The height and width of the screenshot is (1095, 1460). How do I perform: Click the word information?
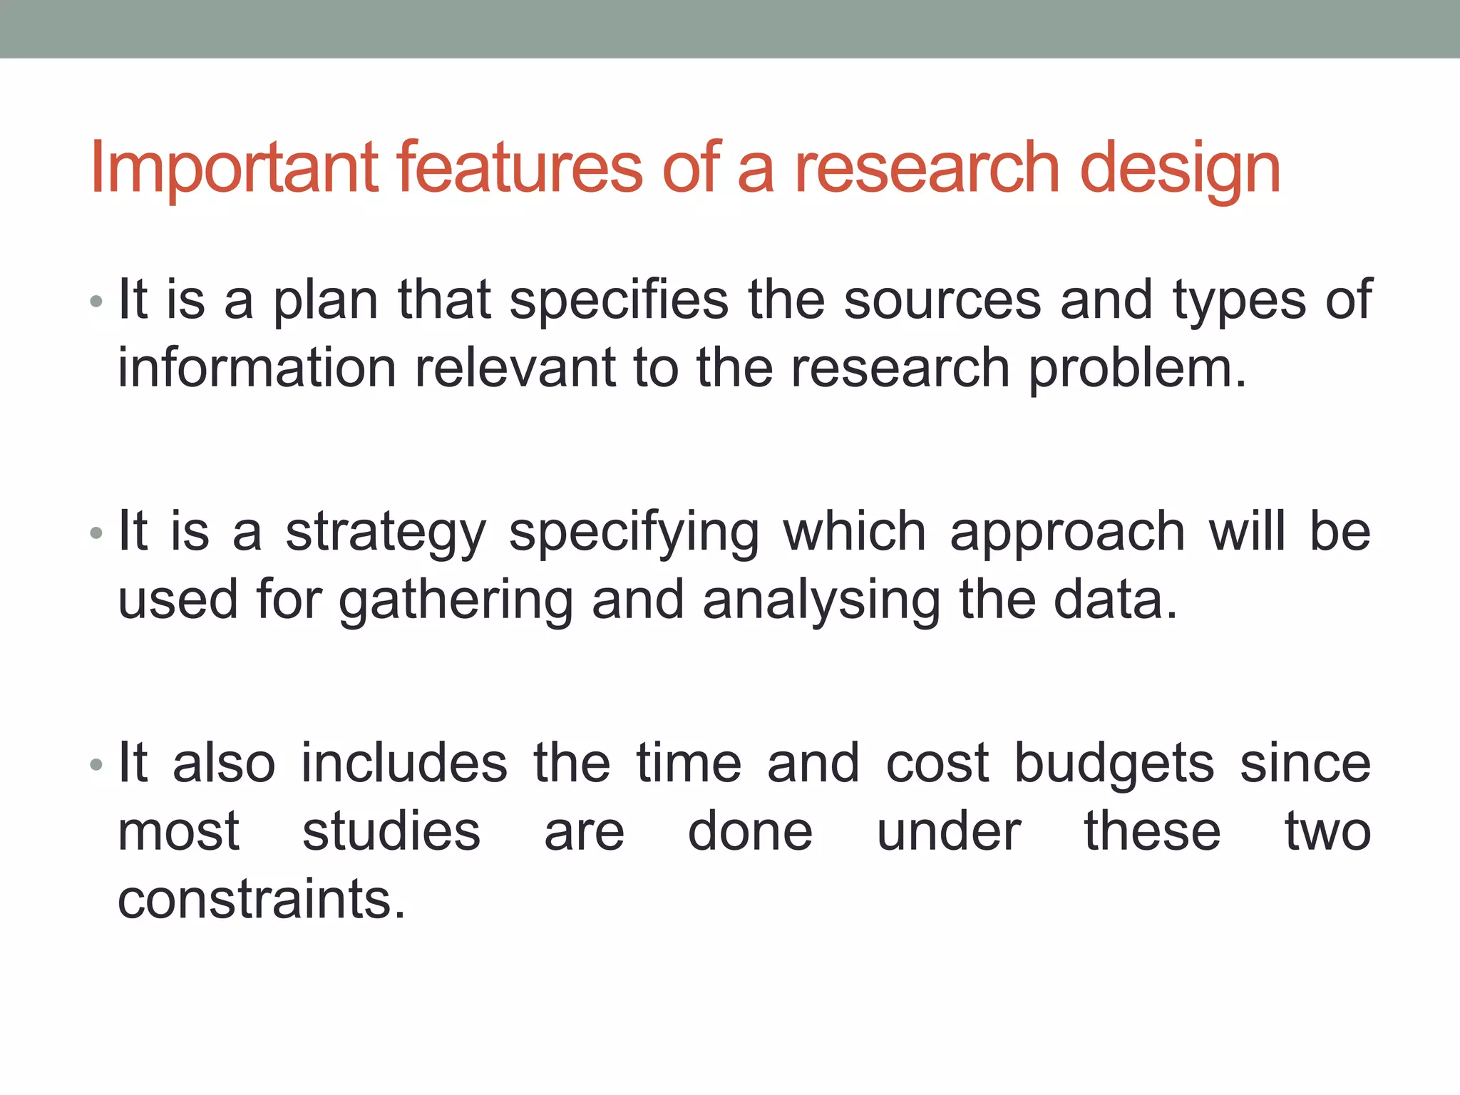click(257, 369)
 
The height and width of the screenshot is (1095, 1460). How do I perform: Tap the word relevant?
click(515, 369)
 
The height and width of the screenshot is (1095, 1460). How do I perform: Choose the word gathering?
click(456, 602)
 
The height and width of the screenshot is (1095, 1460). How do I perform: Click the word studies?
click(391, 832)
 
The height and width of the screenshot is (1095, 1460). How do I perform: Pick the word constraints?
click(261, 900)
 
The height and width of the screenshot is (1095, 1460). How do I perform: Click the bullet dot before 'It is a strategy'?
click(96, 533)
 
